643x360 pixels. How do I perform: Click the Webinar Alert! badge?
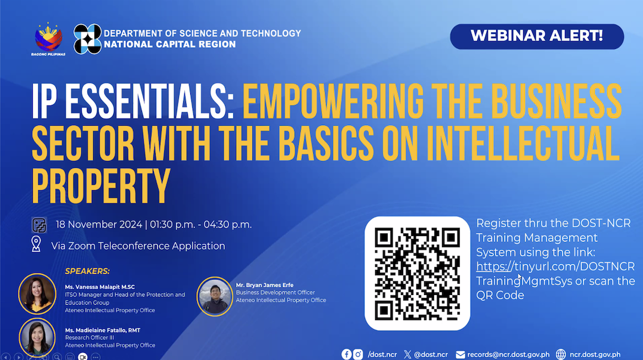point(536,36)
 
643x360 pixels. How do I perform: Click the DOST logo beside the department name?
point(87,39)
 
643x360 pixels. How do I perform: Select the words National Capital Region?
point(169,44)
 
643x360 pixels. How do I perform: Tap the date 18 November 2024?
point(98,225)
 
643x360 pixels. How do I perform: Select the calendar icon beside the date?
point(39,225)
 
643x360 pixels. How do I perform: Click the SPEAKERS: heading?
point(87,271)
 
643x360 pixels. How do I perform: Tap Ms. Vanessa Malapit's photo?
point(37,293)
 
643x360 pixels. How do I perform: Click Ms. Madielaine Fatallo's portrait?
point(37,337)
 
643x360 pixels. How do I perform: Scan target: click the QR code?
point(417,273)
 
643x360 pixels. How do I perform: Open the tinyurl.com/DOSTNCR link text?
point(555,266)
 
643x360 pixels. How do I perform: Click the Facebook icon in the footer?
point(347,354)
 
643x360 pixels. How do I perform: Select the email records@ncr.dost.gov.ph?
point(508,354)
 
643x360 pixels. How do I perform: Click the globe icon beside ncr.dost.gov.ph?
point(561,354)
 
